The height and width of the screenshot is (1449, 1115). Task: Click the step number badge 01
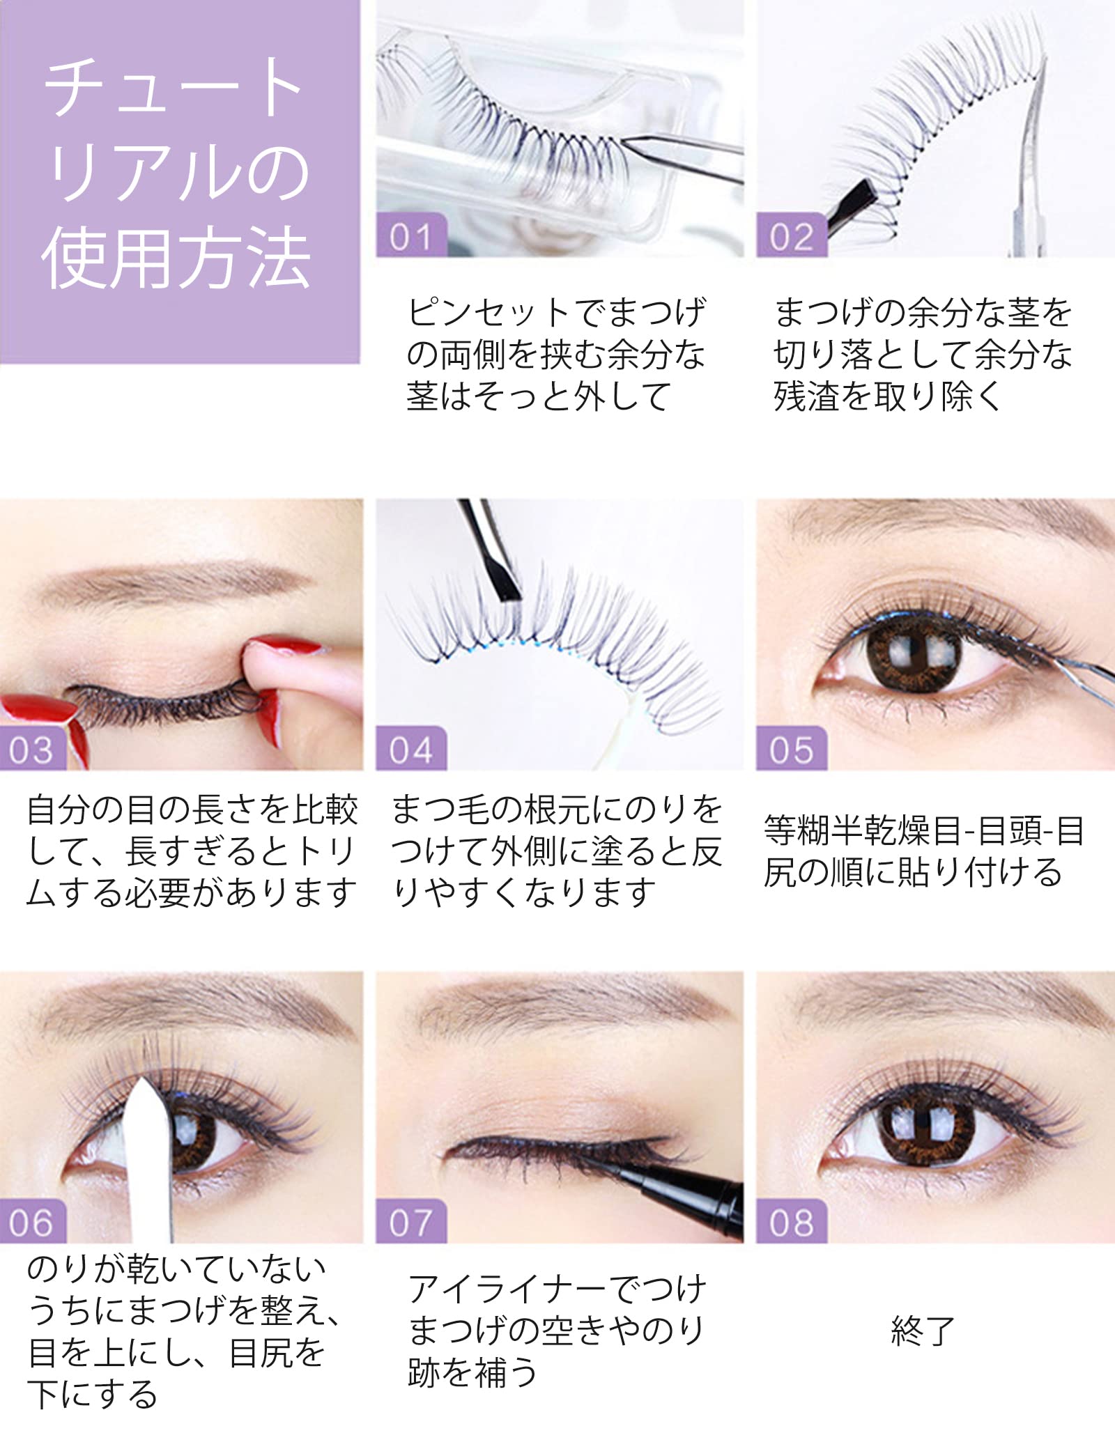click(x=410, y=236)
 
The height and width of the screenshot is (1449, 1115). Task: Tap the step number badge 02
click(x=791, y=236)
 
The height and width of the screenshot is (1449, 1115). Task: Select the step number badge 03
click(x=32, y=750)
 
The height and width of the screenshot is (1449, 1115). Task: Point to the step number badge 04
click(x=410, y=750)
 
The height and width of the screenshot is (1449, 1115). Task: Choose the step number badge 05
click(x=791, y=750)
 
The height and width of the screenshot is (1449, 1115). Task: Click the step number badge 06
click(x=32, y=1223)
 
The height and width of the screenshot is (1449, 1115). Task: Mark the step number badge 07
click(x=410, y=1223)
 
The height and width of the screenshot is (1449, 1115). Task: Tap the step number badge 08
click(x=791, y=1223)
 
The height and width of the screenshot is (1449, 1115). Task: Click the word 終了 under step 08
click(x=922, y=1331)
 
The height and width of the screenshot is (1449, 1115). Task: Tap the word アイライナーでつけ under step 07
click(x=557, y=1289)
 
